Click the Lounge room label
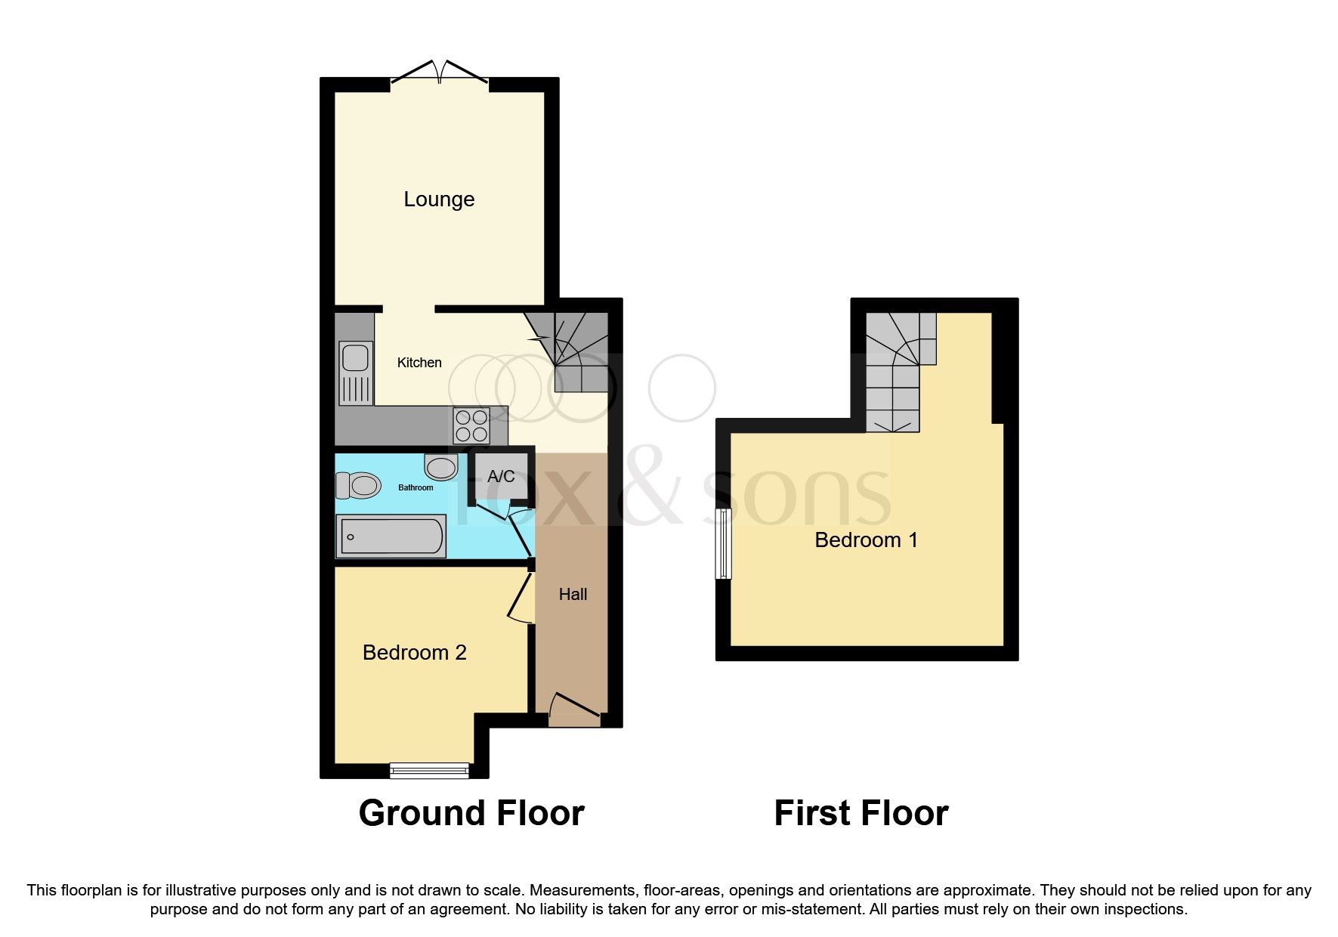(x=439, y=199)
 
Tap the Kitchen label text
(x=419, y=363)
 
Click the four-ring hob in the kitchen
(x=471, y=425)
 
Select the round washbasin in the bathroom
(x=441, y=467)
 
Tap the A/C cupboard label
(x=501, y=476)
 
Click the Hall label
(x=573, y=595)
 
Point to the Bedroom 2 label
(x=414, y=653)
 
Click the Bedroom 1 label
(x=866, y=540)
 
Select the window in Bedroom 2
(x=429, y=770)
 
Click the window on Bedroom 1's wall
(x=724, y=543)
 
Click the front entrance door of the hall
(x=574, y=711)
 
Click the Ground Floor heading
(x=471, y=814)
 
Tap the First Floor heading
(x=861, y=814)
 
